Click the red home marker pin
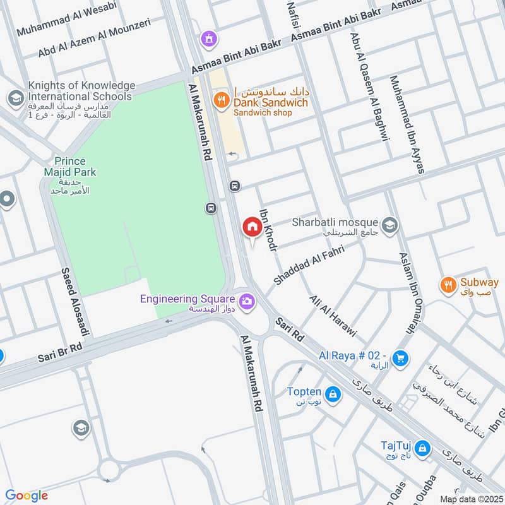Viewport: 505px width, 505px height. click(252, 227)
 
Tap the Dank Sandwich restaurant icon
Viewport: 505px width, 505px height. click(220, 98)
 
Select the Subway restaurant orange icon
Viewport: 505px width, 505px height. click(448, 283)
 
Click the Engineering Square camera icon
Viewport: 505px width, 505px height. click(246, 301)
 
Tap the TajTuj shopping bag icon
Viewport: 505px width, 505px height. click(422, 449)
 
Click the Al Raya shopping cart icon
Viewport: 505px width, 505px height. click(399, 359)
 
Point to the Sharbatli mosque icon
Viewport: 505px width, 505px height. click(389, 224)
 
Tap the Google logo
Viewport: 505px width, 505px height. click(27, 496)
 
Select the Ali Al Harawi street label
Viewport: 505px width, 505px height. click(333, 316)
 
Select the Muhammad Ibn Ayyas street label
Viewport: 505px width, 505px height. click(407, 124)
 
